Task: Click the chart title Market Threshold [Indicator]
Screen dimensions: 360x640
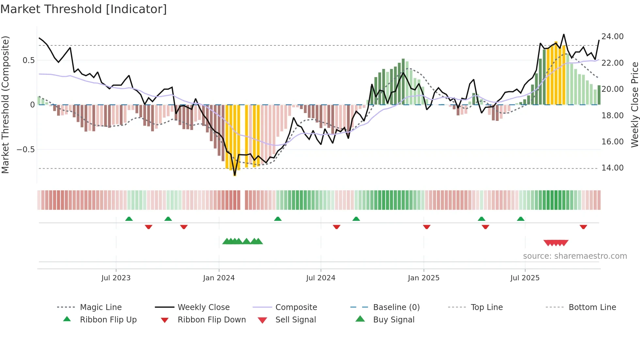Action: pos(84,9)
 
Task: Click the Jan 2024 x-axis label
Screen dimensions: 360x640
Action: pos(219,278)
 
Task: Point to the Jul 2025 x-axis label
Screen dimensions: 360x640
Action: pos(525,278)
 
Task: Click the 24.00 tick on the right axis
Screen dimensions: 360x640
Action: pos(612,37)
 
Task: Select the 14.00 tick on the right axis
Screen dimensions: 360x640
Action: pos(612,168)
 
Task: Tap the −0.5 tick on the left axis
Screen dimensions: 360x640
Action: pos(25,150)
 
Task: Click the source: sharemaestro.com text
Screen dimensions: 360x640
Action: pos(575,256)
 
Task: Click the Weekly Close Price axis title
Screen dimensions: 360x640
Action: pos(634,105)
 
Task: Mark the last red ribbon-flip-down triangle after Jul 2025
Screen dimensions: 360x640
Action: pos(583,227)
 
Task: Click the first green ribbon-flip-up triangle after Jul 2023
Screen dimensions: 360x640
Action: pos(129,219)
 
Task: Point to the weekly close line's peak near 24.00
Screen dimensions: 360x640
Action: pos(564,34)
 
